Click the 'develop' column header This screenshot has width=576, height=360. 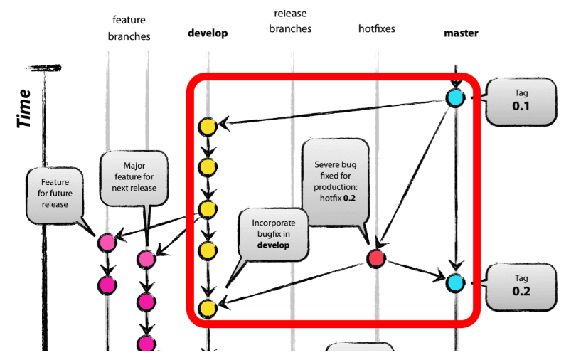pos(208,33)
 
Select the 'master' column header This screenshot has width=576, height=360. pos(461,33)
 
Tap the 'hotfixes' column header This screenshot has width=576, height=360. pos(376,29)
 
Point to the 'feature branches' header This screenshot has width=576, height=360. pos(129,28)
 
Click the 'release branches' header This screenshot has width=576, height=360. pos(292,21)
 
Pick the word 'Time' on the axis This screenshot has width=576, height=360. pos(25,108)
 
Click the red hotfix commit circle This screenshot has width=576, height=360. pos(377,259)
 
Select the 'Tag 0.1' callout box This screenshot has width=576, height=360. pos(522,100)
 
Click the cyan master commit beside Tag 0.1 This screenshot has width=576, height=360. pos(455,97)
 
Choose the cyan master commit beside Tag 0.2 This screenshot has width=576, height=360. pos(455,282)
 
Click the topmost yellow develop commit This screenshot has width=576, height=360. pos(207,127)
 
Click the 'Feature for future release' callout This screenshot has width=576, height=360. pos(55,193)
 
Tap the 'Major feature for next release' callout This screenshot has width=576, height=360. pos(134,177)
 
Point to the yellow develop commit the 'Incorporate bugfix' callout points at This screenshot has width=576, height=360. pos(207,308)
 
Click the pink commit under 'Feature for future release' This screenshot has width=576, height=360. pos(107,243)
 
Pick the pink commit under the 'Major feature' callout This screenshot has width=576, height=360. pos(147,259)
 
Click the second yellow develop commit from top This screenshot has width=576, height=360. pos(207,168)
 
